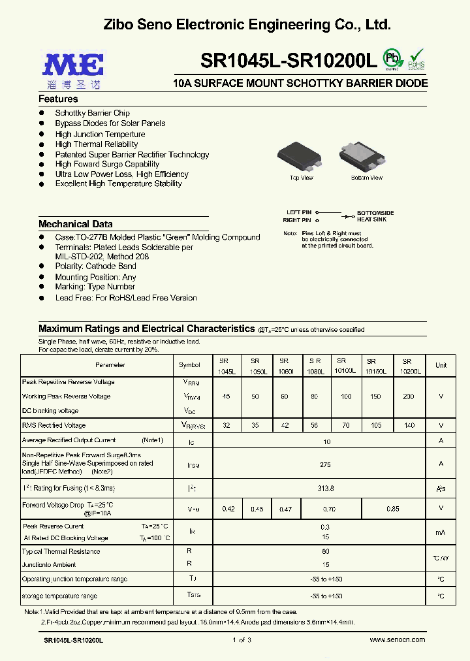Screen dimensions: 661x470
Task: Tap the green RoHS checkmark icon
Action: coord(416,58)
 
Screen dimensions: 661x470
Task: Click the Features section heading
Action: coord(58,99)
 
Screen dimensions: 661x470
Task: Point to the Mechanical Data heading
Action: coord(76,224)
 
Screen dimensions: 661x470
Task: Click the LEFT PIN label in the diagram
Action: coord(299,213)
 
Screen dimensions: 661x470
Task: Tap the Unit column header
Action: coord(441,365)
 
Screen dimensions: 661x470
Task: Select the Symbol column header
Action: coord(189,365)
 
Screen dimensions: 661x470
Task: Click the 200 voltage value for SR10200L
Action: coord(409,396)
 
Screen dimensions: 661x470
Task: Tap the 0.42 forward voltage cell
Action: coord(228,508)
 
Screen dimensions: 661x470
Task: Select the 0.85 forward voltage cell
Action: coord(393,508)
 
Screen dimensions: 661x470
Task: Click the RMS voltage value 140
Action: coord(409,425)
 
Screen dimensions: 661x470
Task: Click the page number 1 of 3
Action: coord(242,639)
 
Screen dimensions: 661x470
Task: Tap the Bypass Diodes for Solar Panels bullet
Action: coord(110,123)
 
